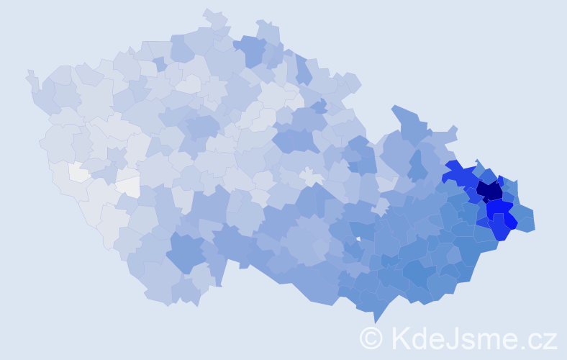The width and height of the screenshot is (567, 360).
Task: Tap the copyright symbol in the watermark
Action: coord(371,338)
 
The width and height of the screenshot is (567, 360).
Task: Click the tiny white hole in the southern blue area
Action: coord(358,238)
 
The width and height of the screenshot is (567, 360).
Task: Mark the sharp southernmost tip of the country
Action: coord(375,323)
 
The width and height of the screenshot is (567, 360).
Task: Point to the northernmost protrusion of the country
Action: coord(209,12)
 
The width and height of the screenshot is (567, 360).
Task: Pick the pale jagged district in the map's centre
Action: coord(312,176)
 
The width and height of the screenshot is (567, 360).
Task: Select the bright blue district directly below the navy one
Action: coord(497,209)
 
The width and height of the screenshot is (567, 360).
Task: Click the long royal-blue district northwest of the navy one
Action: coord(461,175)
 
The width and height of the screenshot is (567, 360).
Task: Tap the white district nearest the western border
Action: coord(78,172)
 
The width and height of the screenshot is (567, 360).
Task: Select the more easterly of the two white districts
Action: coord(128,187)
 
